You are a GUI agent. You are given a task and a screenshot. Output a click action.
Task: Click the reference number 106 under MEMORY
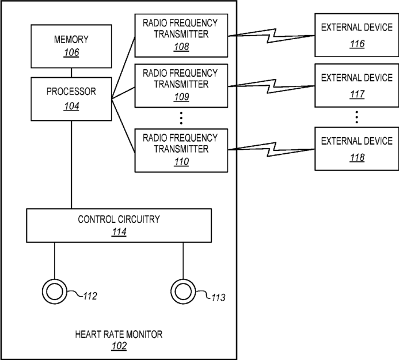click(x=71, y=52)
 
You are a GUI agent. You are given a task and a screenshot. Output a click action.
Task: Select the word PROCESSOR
click(x=71, y=92)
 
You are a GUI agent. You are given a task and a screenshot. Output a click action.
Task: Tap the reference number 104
click(x=71, y=106)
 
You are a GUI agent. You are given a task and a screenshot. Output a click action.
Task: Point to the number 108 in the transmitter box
click(x=181, y=47)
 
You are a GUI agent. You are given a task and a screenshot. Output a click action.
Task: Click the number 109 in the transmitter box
click(x=181, y=97)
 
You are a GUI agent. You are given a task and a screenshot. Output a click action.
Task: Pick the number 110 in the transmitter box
click(x=181, y=162)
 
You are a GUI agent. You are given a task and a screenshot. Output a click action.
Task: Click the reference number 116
click(x=357, y=44)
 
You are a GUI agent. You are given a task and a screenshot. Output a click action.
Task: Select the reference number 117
click(x=357, y=94)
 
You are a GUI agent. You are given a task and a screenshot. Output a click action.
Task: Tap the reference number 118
click(x=357, y=158)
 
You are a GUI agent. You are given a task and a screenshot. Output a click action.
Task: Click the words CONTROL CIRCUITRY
click(x=119, y=219)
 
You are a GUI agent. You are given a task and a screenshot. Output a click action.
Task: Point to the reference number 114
click(x=119, y=232)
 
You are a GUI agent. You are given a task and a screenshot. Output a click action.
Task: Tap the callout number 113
click(x=218, y=297)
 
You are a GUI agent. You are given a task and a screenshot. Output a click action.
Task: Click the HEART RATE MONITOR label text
click(x=119, y=334)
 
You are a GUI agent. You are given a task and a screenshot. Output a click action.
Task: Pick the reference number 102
click(x=119, y=346)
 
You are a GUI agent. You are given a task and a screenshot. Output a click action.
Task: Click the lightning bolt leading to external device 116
click(x=271, y=36)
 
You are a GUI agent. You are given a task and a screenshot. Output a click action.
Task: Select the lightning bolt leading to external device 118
click(x=271, y=149)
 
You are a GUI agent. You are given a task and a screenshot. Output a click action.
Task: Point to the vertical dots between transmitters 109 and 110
click(x=181, y=118)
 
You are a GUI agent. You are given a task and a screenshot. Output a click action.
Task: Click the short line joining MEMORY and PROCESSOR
click(x=71, y=73)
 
